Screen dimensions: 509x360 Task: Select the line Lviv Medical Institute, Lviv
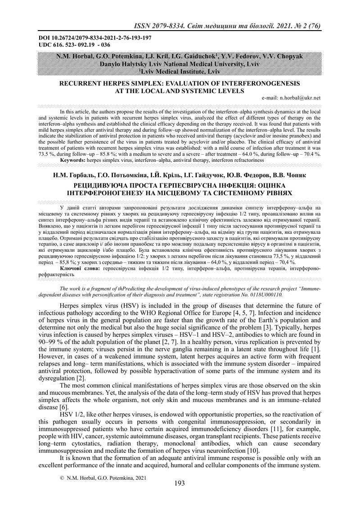coord(180,71)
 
